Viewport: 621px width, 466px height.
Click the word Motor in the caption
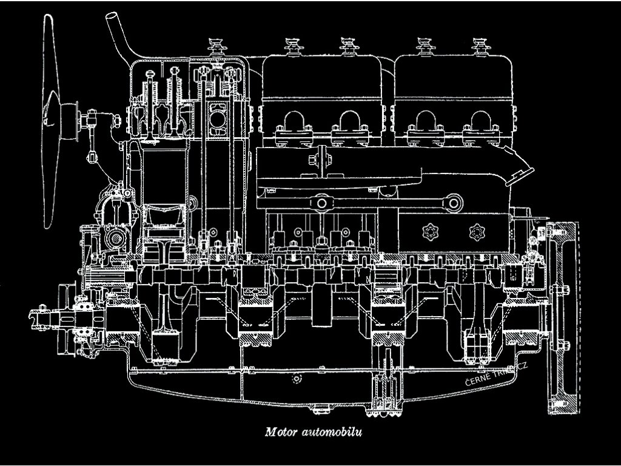click(281, 433)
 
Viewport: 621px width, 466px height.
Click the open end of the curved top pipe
click(112, 15)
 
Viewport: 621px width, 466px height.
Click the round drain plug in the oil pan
click(297, 379)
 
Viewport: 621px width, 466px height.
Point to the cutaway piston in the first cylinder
click(164, 221)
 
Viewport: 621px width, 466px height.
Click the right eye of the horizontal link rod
click(452, 202)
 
